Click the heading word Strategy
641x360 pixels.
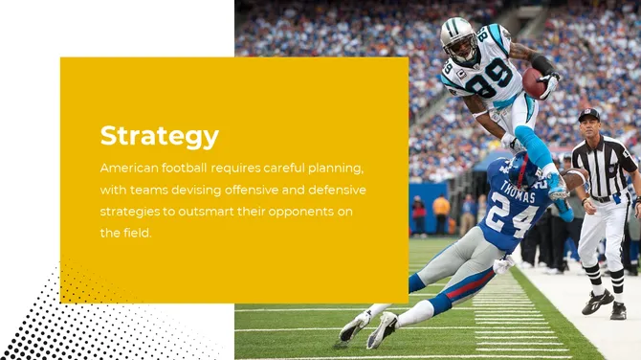(159, 136)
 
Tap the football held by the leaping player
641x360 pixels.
(533, 81)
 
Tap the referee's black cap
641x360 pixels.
(589, 114)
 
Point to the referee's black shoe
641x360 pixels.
(598, 302)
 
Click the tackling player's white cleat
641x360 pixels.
(382, 329)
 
